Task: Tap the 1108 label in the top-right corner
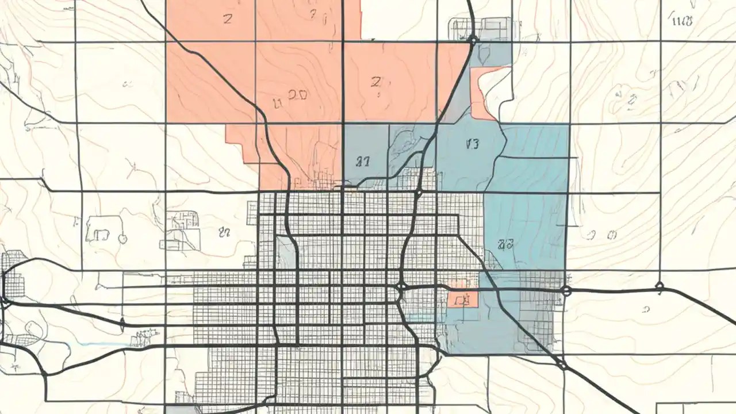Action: (682, 21)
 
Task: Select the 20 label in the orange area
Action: (297, 95)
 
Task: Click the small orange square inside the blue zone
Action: (462, 298)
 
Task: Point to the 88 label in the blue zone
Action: (505, 244)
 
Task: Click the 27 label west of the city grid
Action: (224, 232)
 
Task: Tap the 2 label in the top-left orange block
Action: (228, 18)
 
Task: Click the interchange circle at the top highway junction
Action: (473, 40)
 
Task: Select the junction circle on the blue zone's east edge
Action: (566, 291)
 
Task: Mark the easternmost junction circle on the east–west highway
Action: (660, 286)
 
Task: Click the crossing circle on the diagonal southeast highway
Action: (562, 364)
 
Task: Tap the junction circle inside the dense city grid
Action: (402, 286)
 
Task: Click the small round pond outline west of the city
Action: (122, 238)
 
